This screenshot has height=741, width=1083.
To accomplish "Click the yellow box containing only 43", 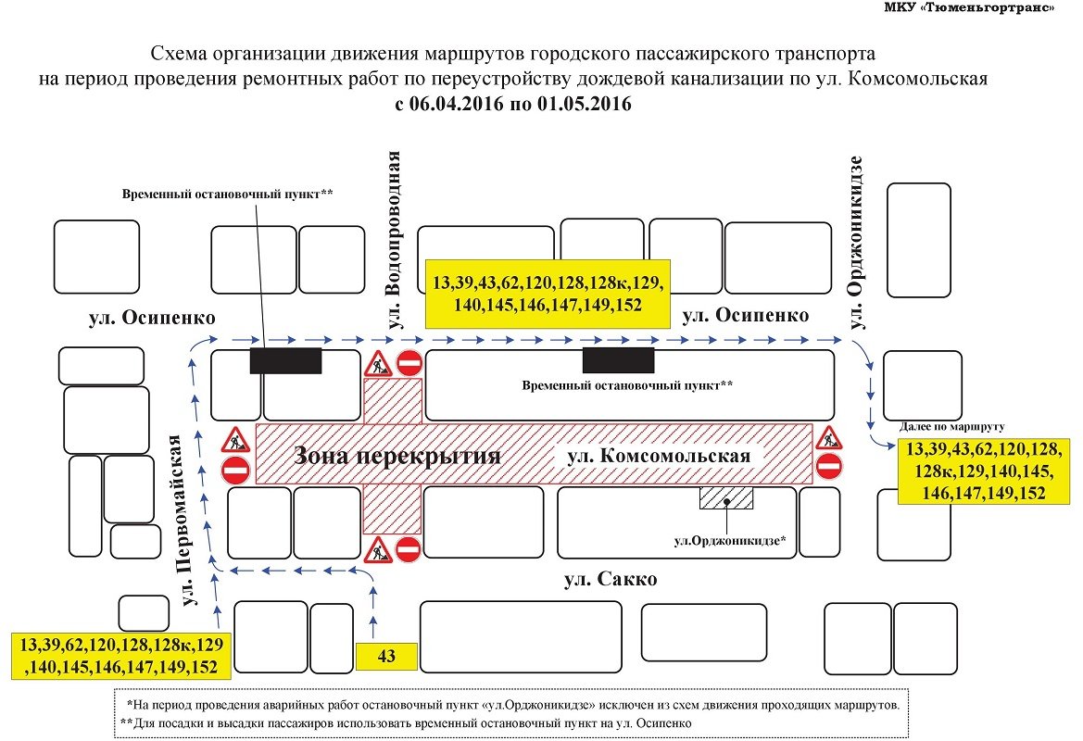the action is (386, 656).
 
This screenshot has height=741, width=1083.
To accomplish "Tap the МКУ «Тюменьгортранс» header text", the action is (969, 8).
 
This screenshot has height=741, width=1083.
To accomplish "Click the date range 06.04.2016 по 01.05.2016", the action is (520, 105).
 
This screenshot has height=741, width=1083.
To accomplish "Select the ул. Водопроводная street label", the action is (394, 240).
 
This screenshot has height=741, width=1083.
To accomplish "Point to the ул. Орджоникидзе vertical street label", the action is (856, 243).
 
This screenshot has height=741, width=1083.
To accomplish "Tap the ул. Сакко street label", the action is (611, 579).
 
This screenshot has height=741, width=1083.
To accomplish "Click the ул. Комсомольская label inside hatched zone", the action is (658, 456).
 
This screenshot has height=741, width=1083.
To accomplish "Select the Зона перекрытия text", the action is (397, 456).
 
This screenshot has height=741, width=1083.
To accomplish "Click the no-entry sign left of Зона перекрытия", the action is (235, 471).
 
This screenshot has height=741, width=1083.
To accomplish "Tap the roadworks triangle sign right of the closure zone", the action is (828, 438).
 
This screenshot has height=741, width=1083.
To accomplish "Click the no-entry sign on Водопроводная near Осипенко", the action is (409, 362).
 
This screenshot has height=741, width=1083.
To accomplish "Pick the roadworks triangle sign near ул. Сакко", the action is (378, 549).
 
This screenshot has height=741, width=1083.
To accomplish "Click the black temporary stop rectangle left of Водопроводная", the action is (285, 360).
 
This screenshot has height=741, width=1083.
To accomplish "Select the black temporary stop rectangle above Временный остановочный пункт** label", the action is (618, 360).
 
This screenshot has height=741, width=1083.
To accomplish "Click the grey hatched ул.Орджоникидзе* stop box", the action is (726, 498).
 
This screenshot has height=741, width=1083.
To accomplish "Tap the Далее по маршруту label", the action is (951, 427).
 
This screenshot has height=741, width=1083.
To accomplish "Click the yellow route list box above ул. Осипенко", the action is (548, 294).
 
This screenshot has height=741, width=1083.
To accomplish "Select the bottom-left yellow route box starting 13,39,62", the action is (121, 656).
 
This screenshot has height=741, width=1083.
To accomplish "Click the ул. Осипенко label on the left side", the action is (152, 318).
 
